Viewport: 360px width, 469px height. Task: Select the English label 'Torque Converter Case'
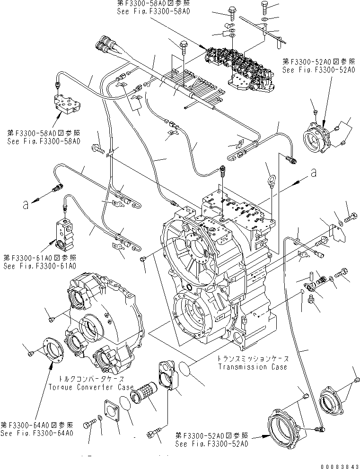click(87, 387)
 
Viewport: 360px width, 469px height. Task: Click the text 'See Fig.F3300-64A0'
click(36, 433)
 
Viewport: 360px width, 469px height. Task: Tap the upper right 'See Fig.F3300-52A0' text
click(318, 69)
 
